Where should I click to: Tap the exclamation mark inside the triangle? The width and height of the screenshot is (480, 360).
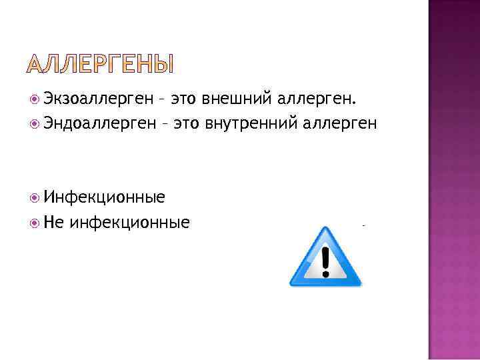click(325, 261)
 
